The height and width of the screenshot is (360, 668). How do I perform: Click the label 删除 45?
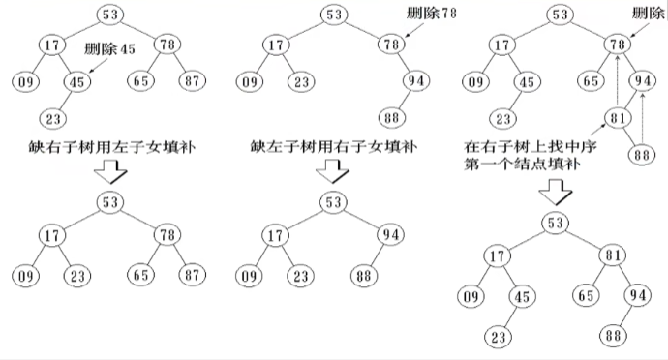pyautogui.click(x=107, y=49)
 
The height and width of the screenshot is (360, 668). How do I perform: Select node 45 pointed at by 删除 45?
pyautogui.click(x=77, y=82)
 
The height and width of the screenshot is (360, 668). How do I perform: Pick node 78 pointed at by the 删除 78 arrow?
pyautogui.click(x=390, y=45)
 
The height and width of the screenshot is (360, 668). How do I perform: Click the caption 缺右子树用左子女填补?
pyautogui.click(x=107, y=149)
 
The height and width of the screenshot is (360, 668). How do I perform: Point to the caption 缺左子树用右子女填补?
pyautogui.click(x=331, y=149)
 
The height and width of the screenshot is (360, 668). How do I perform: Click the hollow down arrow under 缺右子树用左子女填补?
pyautogui.click(x=108, y=175)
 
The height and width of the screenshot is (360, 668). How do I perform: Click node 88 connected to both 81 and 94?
pyautogui.click(x=639, y=155)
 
